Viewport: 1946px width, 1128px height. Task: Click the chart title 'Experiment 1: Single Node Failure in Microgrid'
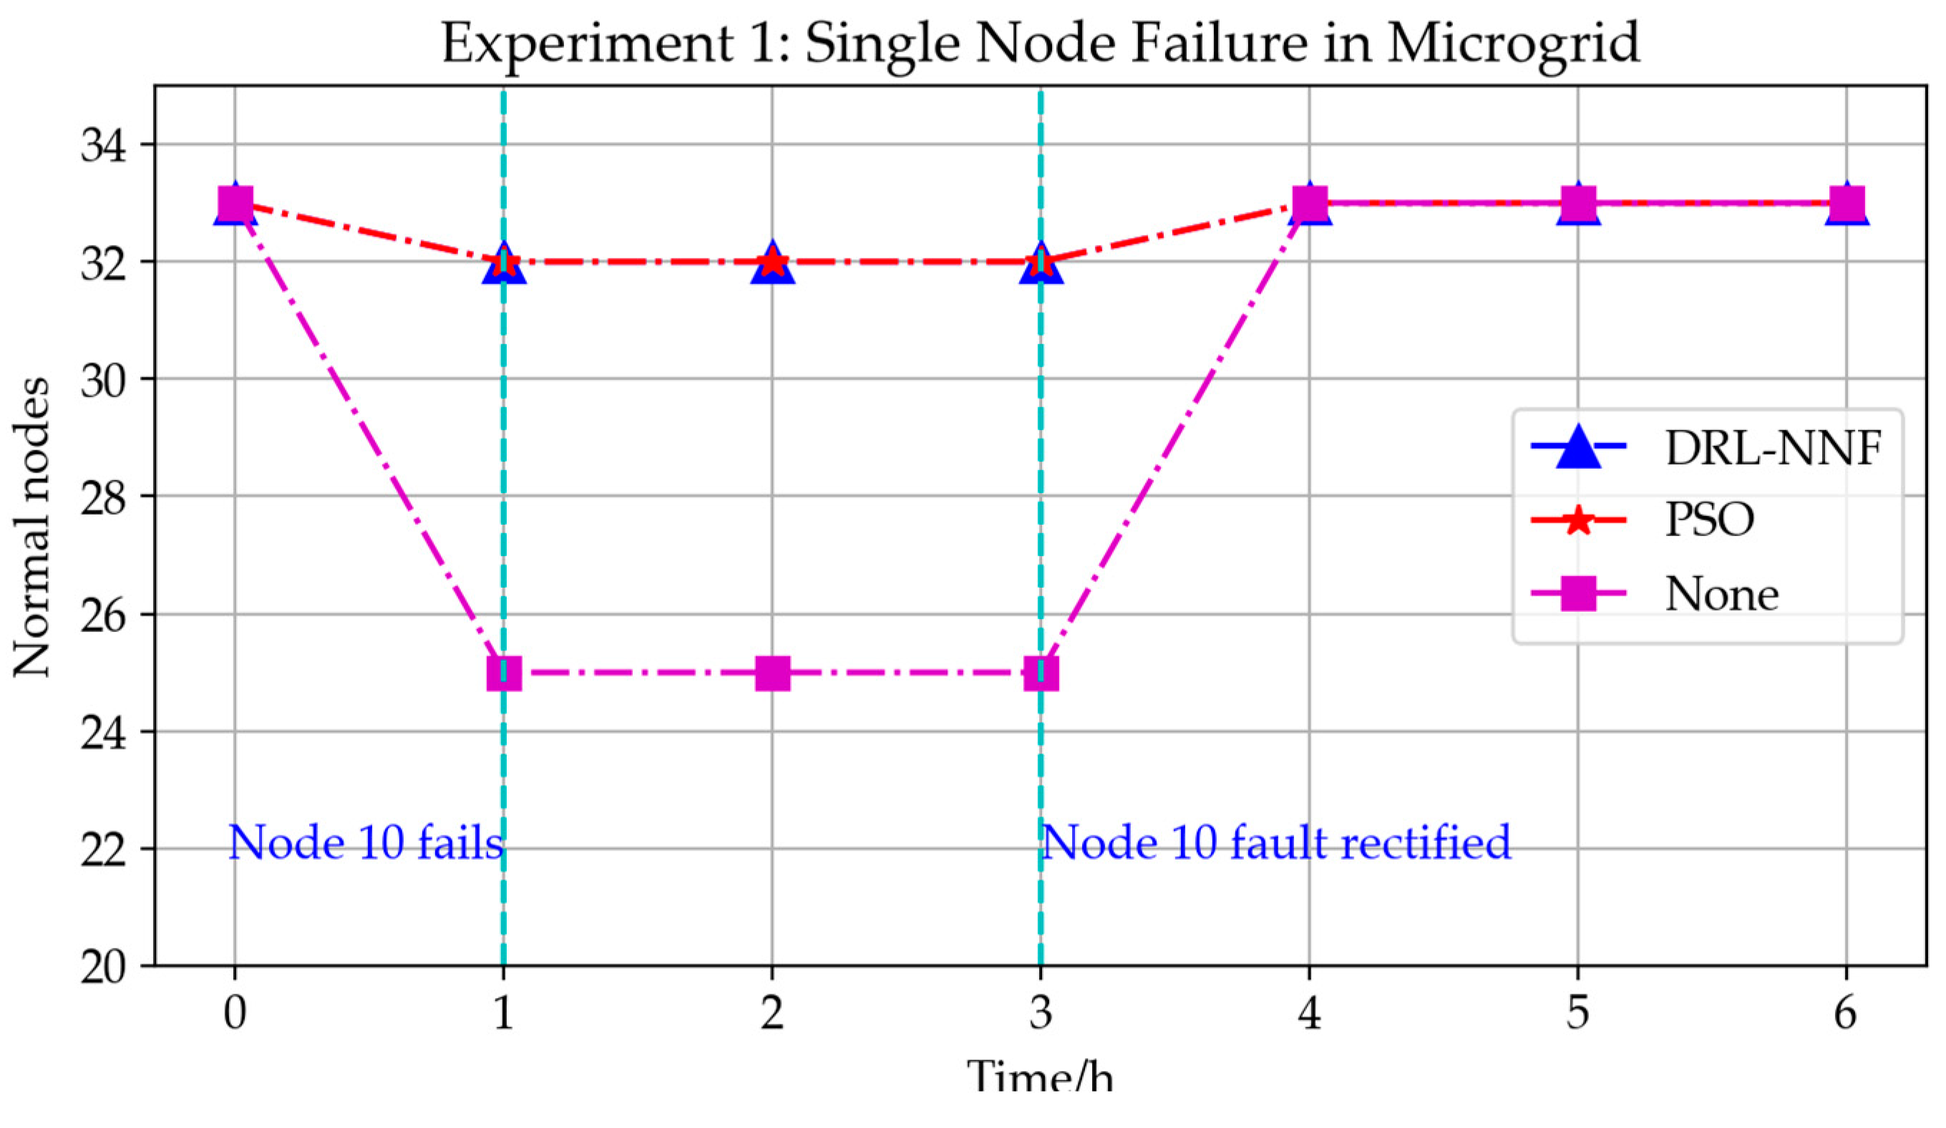[x=1039, y=43]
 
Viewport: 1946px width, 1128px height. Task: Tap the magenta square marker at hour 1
[x=503, y=674]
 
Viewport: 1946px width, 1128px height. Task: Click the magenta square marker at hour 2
[x=772, y=674]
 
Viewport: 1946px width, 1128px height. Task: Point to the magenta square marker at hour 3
[x=1040, y=674]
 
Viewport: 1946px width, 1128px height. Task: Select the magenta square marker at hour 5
[x=1577, y=204]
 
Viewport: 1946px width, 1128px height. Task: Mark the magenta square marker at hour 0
[x=235, y=204]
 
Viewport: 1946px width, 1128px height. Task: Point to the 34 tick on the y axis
[x=106, y=145]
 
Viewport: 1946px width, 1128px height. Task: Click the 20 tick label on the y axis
[x=106, y=967]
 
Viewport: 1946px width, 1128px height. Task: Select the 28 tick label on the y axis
[x=106, y=497]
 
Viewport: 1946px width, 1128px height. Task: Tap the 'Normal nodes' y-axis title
[x=32, y=527]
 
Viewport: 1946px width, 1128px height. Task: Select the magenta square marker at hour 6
[x=1846, y=204]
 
